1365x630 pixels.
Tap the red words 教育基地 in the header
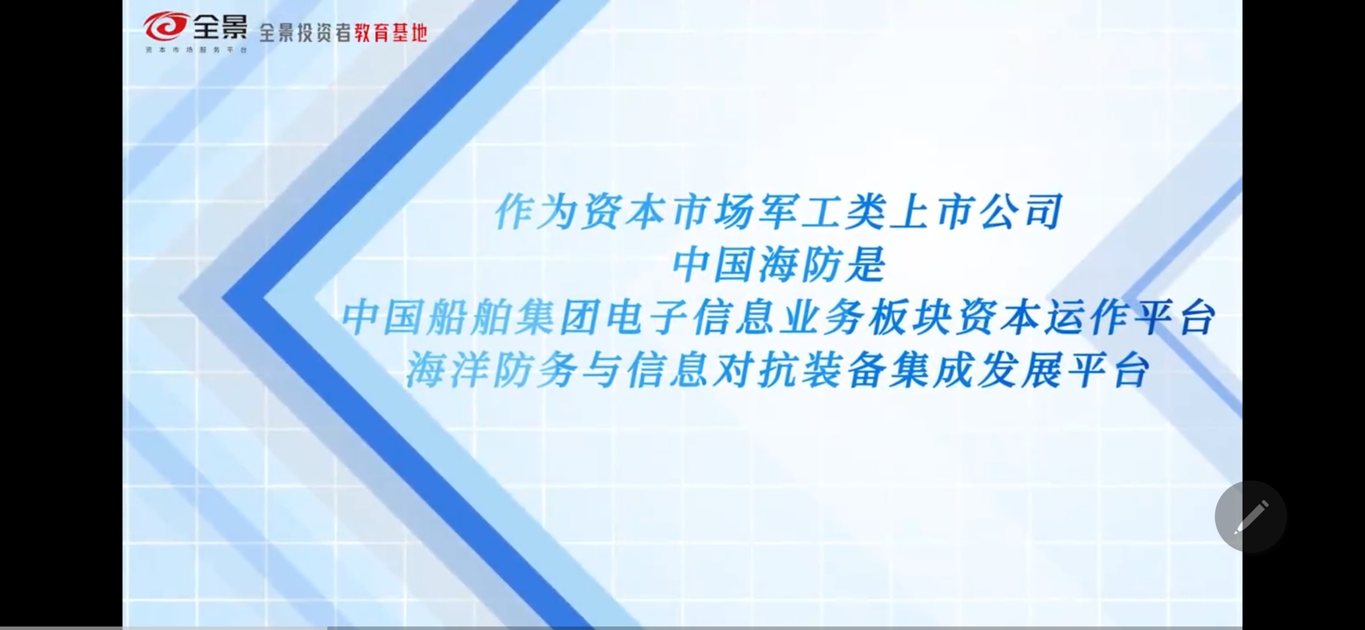click(391, 33)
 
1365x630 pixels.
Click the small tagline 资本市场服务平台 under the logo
click(197, 50)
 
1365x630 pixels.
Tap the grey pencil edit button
click(1251, 517)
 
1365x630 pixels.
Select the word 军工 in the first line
click(800, 212)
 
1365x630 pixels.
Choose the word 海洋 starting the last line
click(448, 371)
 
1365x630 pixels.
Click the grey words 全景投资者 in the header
click(305, 33)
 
